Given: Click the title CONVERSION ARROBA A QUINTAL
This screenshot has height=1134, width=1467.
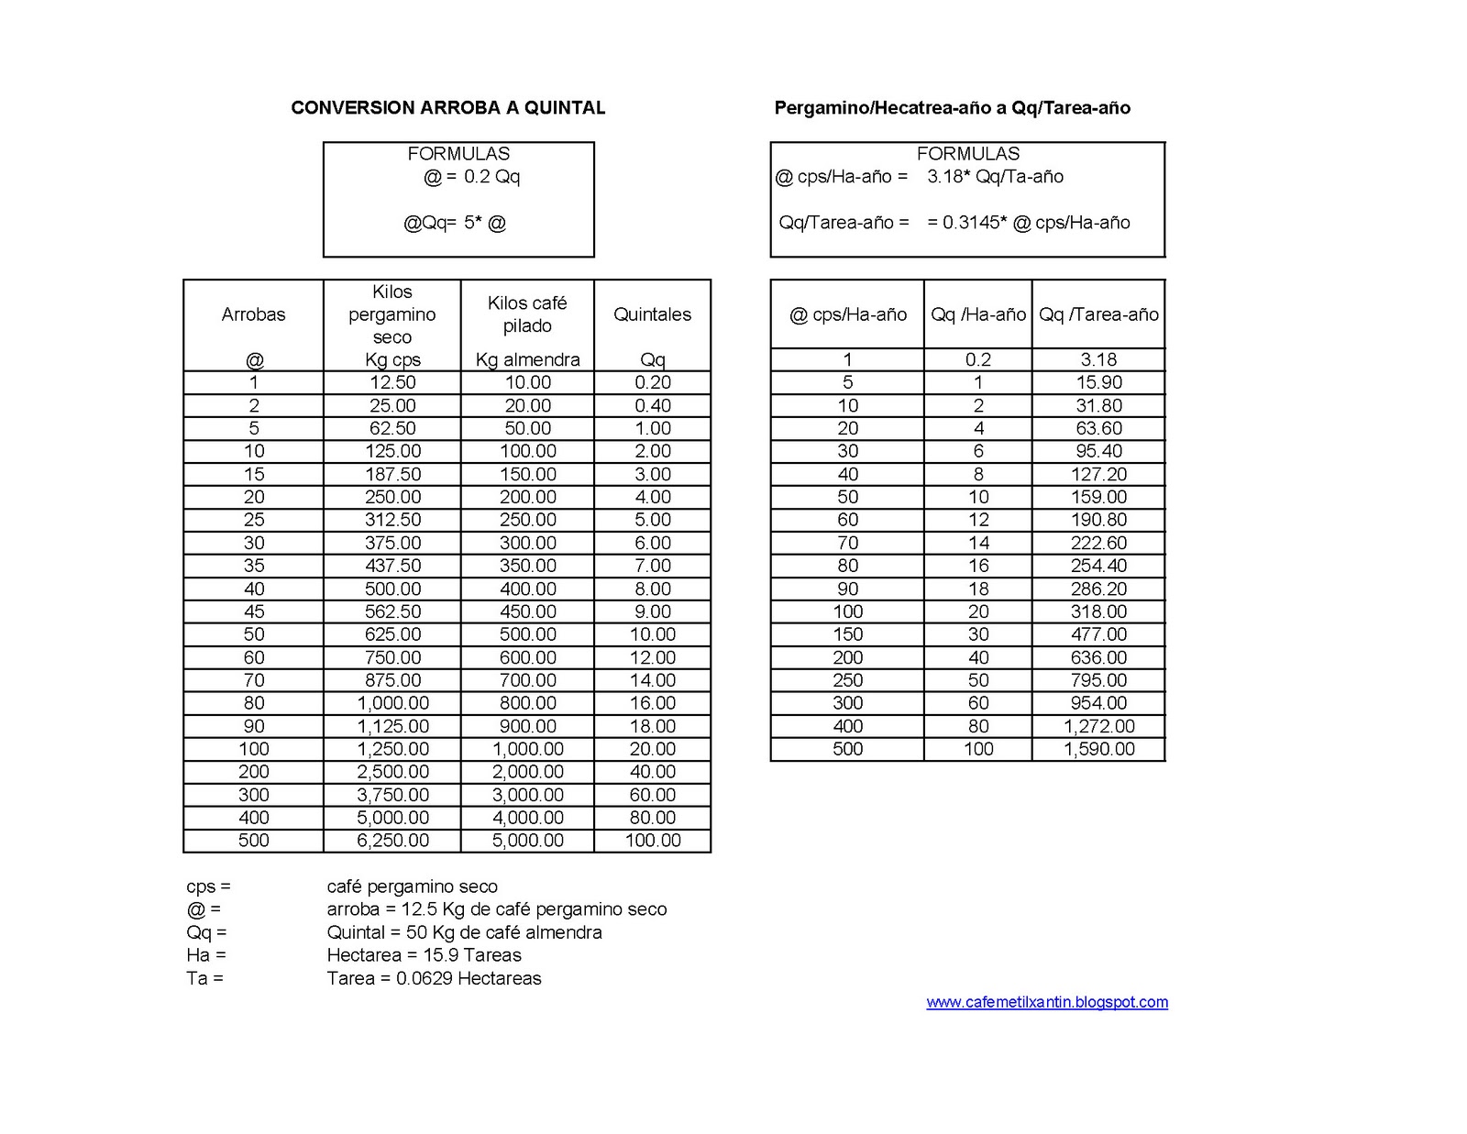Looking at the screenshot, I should pos(447,108).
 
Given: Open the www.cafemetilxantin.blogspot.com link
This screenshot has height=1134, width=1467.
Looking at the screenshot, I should pos(1047,1002).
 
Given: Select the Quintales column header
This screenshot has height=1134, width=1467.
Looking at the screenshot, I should pos(652,314).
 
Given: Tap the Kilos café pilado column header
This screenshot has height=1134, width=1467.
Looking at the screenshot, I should pos(527,314).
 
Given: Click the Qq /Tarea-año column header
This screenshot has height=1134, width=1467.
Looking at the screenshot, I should pos(1098,314).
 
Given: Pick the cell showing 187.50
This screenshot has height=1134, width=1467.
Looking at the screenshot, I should pos(392,474).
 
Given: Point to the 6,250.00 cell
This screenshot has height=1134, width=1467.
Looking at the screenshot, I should pos(392,841).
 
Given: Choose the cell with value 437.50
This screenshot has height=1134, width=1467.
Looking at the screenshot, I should pos(392,566).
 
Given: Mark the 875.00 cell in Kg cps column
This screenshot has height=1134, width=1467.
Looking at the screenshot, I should pos(392,680).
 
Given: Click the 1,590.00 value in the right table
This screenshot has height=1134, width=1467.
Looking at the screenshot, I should pos(1098,749).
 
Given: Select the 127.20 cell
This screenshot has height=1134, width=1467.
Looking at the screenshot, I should pos(1098,474).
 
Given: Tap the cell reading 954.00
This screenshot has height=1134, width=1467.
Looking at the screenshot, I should pos(1098,703).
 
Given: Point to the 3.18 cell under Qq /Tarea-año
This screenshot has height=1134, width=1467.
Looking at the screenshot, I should pos(1098,359).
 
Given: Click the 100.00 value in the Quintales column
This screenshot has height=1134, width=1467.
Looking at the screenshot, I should pos(652,841).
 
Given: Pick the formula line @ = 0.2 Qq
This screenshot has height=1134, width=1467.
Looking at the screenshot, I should pos(471,177).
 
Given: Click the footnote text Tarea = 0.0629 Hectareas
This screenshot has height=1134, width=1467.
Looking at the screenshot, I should pos(434,978).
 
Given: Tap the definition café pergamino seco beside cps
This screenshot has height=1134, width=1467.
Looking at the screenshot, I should pos(412,886).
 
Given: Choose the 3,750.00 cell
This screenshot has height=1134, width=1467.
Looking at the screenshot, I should pos(392,795).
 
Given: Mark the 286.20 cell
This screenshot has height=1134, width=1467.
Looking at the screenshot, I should pos(1098,589).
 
